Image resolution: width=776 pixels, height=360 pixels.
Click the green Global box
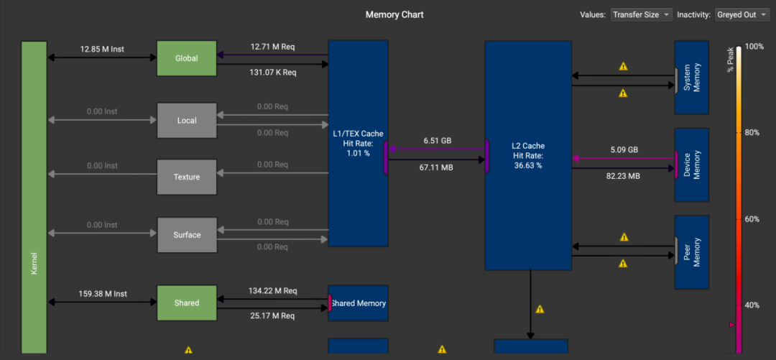click(x=187, y=58)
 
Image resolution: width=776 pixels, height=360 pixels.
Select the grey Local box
click(x=187, y=120)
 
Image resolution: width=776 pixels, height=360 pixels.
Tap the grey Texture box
click(x=187, y=177)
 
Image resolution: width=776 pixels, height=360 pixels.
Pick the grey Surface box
click(x=187, y=235)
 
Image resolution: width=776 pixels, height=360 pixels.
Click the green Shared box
click(x=187, y=303)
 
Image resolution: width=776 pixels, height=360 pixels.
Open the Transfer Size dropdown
click(x=642, y=14)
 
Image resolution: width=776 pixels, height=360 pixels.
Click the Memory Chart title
click(x=394, y=14)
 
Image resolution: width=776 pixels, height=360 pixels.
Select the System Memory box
click(x=692, y=78)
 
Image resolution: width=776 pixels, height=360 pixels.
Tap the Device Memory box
click(x=692, y=165)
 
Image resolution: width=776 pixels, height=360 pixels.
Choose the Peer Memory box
click(x=692, y=252)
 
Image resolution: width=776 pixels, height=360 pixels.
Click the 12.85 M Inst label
click(x=102, y=49)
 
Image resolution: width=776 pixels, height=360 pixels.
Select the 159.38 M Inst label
click(x=102, y=294)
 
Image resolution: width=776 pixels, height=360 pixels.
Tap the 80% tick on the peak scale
click(x=752, y=132)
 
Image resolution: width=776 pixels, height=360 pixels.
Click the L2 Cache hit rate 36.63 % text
click(x=528, y=165)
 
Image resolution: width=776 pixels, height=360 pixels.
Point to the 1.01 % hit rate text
click(x=359, y=153)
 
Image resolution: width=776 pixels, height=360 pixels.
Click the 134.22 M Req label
click(x=273, y=291)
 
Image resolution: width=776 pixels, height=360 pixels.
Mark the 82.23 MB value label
click(x=623, y=176)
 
